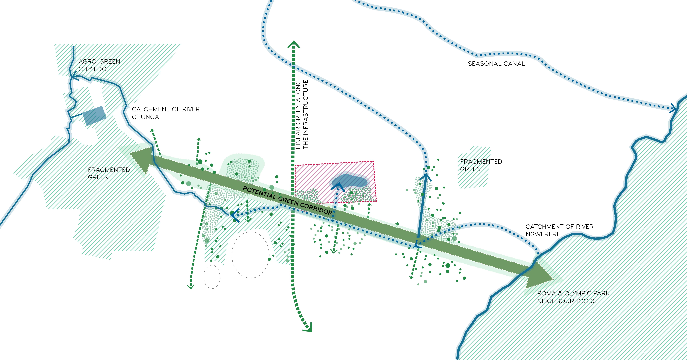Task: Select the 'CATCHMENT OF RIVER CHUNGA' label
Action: click(166, 113)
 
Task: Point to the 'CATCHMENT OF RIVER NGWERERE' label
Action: click(559, 230)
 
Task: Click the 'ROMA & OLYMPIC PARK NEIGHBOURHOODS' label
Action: click(573, 297)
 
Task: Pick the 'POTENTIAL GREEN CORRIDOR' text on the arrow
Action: click(287, 201)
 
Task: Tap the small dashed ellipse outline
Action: click(212, 277)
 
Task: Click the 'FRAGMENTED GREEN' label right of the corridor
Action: click(481, 165)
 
